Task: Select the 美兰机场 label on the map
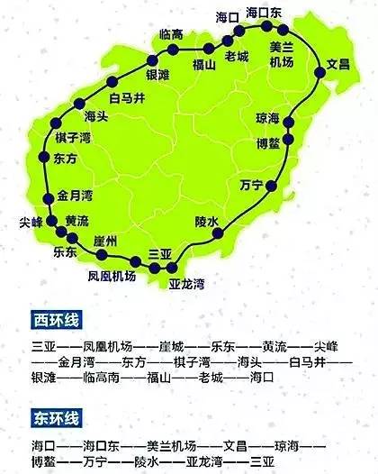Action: point(282,53)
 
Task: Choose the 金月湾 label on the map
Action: point(75,194)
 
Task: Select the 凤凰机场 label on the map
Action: point(112,276)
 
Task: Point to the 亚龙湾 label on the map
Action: point(186,285)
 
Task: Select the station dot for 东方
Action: point(43,158)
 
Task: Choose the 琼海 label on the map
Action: point(268,118)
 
